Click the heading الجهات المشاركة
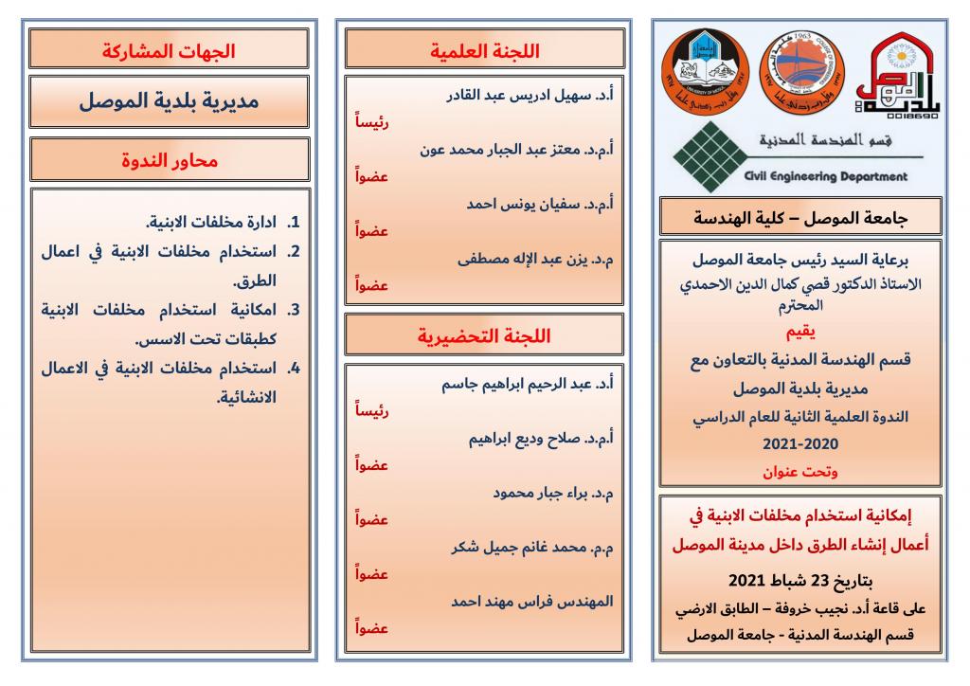(x=169, y=49)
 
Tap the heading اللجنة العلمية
(x=484, y=49)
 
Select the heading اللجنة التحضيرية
(x=484, y=335)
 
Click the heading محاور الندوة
(x=169, y=160)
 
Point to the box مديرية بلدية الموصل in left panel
(x=169, y=101)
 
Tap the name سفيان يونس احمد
(x=540, y=204)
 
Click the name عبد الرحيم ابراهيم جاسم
(x=526, y=385)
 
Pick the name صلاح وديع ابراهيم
(x=541, y=439)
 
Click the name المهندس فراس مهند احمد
(x=532, y=601)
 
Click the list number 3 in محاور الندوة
(x=294, y=309)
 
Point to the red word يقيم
(x=799, y=333)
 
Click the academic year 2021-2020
(x=799, y=443)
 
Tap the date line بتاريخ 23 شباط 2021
(x=799, y=580)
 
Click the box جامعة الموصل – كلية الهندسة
(x=799, y=217)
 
